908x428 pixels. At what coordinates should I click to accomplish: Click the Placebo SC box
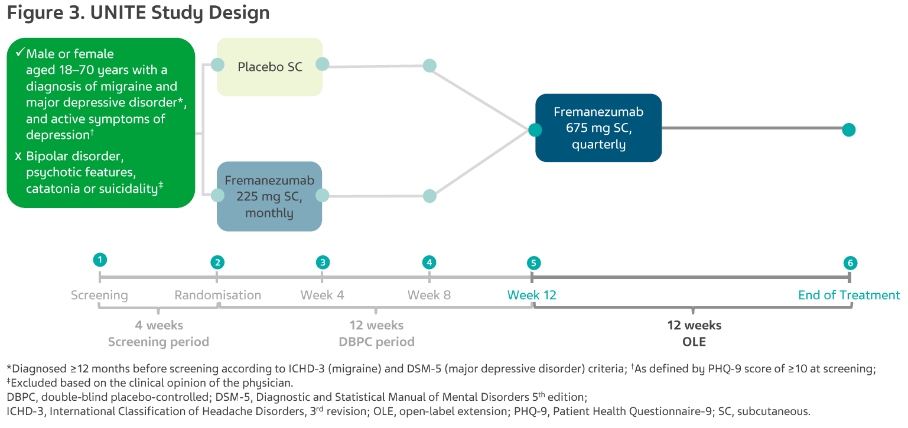click(269, 67)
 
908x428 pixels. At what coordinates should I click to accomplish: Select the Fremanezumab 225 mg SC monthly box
click(269, 196)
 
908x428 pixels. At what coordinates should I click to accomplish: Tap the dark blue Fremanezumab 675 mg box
click(598, 128)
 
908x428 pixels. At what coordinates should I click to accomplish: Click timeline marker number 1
click(100, 260)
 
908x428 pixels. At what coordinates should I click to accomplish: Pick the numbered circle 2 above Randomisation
click(217, 262)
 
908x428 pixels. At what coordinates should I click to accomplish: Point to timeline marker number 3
click(323, 262)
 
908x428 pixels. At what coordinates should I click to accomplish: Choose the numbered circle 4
click(429, 262)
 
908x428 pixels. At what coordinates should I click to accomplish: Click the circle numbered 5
click(533, 263)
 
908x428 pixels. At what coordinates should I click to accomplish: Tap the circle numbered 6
click(851, 263)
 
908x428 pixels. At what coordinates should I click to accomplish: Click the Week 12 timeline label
click(532, 295)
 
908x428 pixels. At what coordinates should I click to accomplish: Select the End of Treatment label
click(849, 295)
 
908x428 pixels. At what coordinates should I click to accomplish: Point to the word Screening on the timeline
click(99, 296)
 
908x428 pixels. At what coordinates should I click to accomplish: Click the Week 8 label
click(429, 295)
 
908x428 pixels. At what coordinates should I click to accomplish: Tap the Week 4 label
click(322, 295)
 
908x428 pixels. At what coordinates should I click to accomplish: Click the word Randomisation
click(217, 295)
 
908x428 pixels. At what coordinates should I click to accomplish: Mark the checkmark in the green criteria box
click(20, 53)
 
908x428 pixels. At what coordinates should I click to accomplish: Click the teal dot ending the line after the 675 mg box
click(849, 130)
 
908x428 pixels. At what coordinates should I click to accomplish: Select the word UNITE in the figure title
click(118, 12)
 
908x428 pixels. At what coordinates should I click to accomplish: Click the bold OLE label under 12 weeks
click(694, 342)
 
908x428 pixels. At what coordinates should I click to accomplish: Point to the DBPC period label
click(376, 342)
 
